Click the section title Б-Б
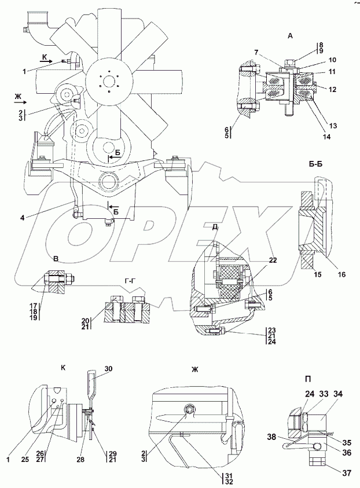(x=317, y=164)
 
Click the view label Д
(x=215, y=227)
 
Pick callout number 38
(x=271, y=436)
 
